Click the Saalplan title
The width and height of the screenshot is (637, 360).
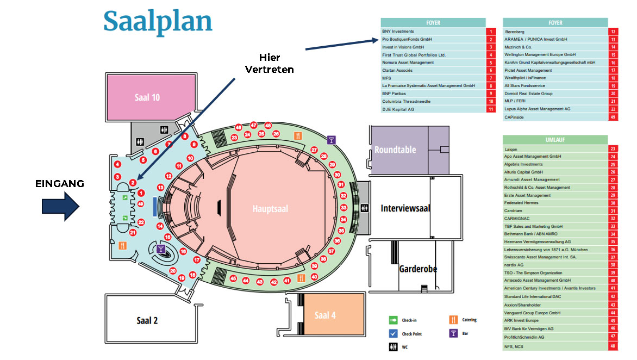pyautogui.click(x=158, y=22)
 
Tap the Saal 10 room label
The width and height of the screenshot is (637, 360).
pyautogui.click(x=147, y=98)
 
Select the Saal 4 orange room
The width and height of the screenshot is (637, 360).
pyautogui.click(x=325, y=315)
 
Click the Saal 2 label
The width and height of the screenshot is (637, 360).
pyautogui.click(x=147, y=320)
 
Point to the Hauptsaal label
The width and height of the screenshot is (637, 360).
pyautogui.click(x=270, y=209)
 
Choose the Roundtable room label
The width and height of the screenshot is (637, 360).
pyautogui.click(x=395, y=150)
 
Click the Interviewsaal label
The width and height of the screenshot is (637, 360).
pyautogui.click(x=405, y=208)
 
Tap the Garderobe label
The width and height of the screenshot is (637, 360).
pyautogui.click(x=418, y=269)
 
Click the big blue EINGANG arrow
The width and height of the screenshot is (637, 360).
pyautogui.click(x=61, y=207)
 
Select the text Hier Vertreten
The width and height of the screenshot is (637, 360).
pyautogui.click(x=269, y=64)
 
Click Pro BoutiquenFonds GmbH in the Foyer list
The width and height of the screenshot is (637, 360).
pyautogui.click(x=407, y=39)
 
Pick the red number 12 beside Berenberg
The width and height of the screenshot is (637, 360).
pyautogui.click(x=613, y=32)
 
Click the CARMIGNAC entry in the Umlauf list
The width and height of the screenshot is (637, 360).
pyautogui.click(x=516, y=219)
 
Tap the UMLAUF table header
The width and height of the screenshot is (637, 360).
pyautogui.click(x=555, y=140)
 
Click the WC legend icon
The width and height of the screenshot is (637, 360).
pyautogui.click(x=393, y=347)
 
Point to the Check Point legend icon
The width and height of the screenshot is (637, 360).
pyautogui.click(x=393, y=333)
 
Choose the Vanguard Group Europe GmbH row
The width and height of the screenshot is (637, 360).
pyautogui.click(x=532, y=313)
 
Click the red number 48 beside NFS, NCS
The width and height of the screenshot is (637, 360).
pyautogui.click(x=613, y=346)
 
